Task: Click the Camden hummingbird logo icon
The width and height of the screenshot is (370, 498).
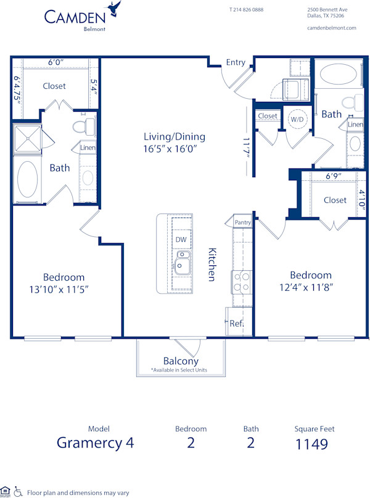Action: [x=113, y=9]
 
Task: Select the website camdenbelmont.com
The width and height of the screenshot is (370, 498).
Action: [x=331, y=28]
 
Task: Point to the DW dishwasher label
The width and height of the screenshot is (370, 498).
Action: [x=181, y=239]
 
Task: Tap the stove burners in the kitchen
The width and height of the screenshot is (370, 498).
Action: [x=241, y=282]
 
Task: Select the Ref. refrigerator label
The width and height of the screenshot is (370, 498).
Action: [x=236, y=323]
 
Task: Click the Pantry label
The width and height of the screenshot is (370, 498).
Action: [x=242, y=222]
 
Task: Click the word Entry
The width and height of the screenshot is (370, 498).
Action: [x=236, y=62]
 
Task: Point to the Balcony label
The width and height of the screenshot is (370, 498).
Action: [x=181, y=361]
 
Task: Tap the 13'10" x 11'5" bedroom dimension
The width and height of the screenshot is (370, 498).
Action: [x=64, y=289]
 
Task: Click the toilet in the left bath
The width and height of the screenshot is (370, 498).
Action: [x=83, y=127]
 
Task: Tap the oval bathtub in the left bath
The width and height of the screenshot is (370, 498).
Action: [x=28, y=178]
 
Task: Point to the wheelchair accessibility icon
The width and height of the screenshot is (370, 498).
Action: [x=18, y=492]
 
